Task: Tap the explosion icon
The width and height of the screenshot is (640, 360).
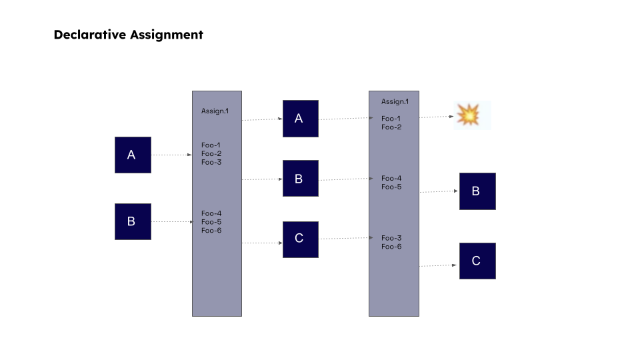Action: (x=468, y=115)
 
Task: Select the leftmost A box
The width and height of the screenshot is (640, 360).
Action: (x=133, y=155)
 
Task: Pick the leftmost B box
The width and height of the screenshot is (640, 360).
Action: (x=133, y=221)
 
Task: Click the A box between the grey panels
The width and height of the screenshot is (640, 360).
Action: (x=300, y=119)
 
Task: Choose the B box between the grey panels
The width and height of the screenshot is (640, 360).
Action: (x=300, y=179)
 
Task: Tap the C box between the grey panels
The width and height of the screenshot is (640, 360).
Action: (x=300, y=239)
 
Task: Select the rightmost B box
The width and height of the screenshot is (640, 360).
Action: (x=477, y=191)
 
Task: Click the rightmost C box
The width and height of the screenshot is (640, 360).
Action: (x=477, y=261)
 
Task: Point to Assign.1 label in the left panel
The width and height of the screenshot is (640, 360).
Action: (x=215, y=111)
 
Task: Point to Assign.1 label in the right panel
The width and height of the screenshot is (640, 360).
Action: (x=395, y=102)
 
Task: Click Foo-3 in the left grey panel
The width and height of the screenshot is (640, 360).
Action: (x=211, y=163)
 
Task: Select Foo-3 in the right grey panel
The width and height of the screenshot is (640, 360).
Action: (x=391, y=238)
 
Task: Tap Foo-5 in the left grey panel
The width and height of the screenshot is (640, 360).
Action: (x=211, y=222)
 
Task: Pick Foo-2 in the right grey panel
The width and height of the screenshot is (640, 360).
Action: (x=391, y=127)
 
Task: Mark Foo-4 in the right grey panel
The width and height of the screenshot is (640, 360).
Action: (x=391, y=178)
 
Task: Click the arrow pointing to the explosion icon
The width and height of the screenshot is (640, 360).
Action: (x=437, y=117)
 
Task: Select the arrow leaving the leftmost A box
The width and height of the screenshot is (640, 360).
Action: (x=171, y=155)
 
